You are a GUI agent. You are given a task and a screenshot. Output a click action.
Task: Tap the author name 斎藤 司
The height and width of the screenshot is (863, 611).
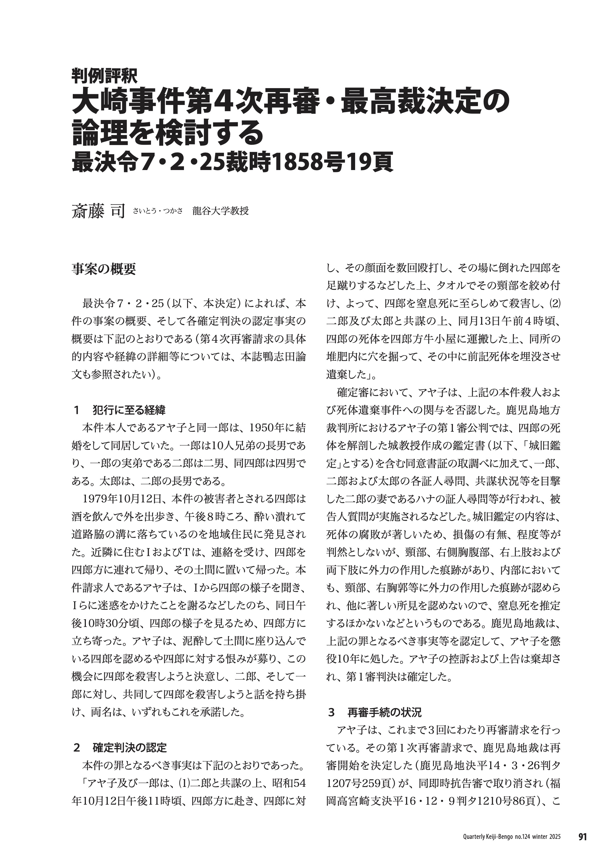98,212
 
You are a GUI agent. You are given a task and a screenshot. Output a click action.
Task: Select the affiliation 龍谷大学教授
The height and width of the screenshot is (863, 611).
220,211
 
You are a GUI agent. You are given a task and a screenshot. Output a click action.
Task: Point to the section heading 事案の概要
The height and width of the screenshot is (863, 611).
103,269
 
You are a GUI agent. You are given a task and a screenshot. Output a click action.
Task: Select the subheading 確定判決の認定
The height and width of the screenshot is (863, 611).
129,748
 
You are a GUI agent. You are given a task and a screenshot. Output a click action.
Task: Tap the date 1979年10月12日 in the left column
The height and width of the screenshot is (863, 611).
122,499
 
